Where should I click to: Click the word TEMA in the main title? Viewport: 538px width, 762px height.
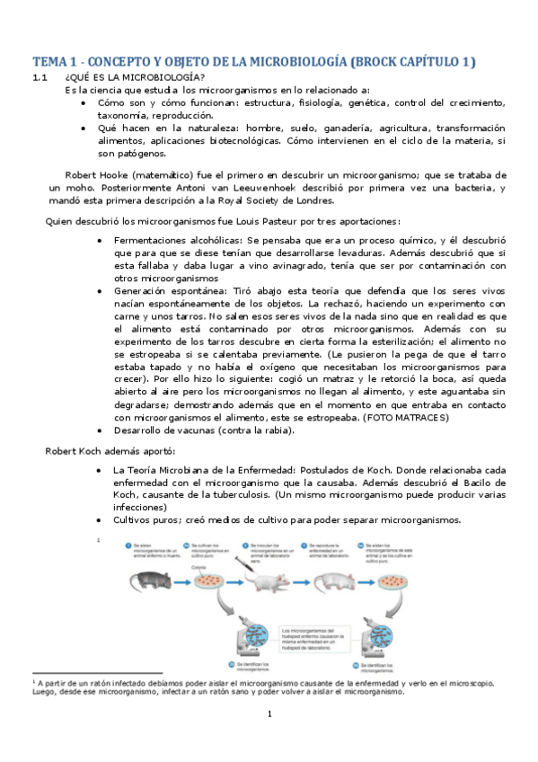(x=50, y=62)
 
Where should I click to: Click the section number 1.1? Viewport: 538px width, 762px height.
(x=39, y=79)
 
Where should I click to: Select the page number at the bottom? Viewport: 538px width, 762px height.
(x=269, y=740)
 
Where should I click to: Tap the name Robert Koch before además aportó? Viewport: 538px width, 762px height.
(x=74, y=450)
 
